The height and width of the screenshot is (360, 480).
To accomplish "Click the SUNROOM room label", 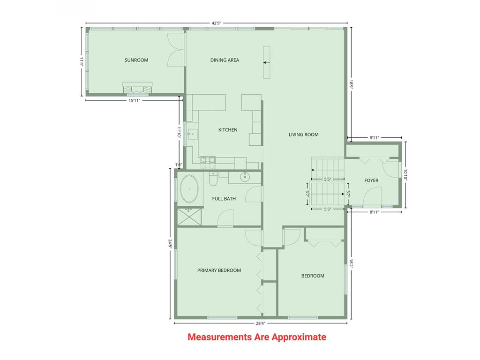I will [x=136, y=60].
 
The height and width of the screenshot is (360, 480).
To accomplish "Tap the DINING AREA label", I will [x=225, y=60].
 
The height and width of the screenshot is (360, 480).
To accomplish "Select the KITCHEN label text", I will [x=228, y=130].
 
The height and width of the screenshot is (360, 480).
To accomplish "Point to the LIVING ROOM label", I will [x=303, y=135].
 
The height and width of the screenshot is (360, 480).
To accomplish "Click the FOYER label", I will [x=371, y=180].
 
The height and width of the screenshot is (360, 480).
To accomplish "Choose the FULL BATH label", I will [x=224, y=199].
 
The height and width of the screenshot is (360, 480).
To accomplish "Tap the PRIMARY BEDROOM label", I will [x=219, y=270].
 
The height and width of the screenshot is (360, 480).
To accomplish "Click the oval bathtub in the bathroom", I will [x=189, y=189].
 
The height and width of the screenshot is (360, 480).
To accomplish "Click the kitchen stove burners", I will [x=208, y=162].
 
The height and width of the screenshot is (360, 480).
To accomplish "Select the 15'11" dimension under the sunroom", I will [x=134, y=100].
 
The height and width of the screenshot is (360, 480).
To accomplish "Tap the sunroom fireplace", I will [x=137, y=88].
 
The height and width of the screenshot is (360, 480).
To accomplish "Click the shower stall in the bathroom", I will [x=189, y=217].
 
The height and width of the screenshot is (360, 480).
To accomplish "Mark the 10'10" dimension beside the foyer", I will [x=406, y=174].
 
